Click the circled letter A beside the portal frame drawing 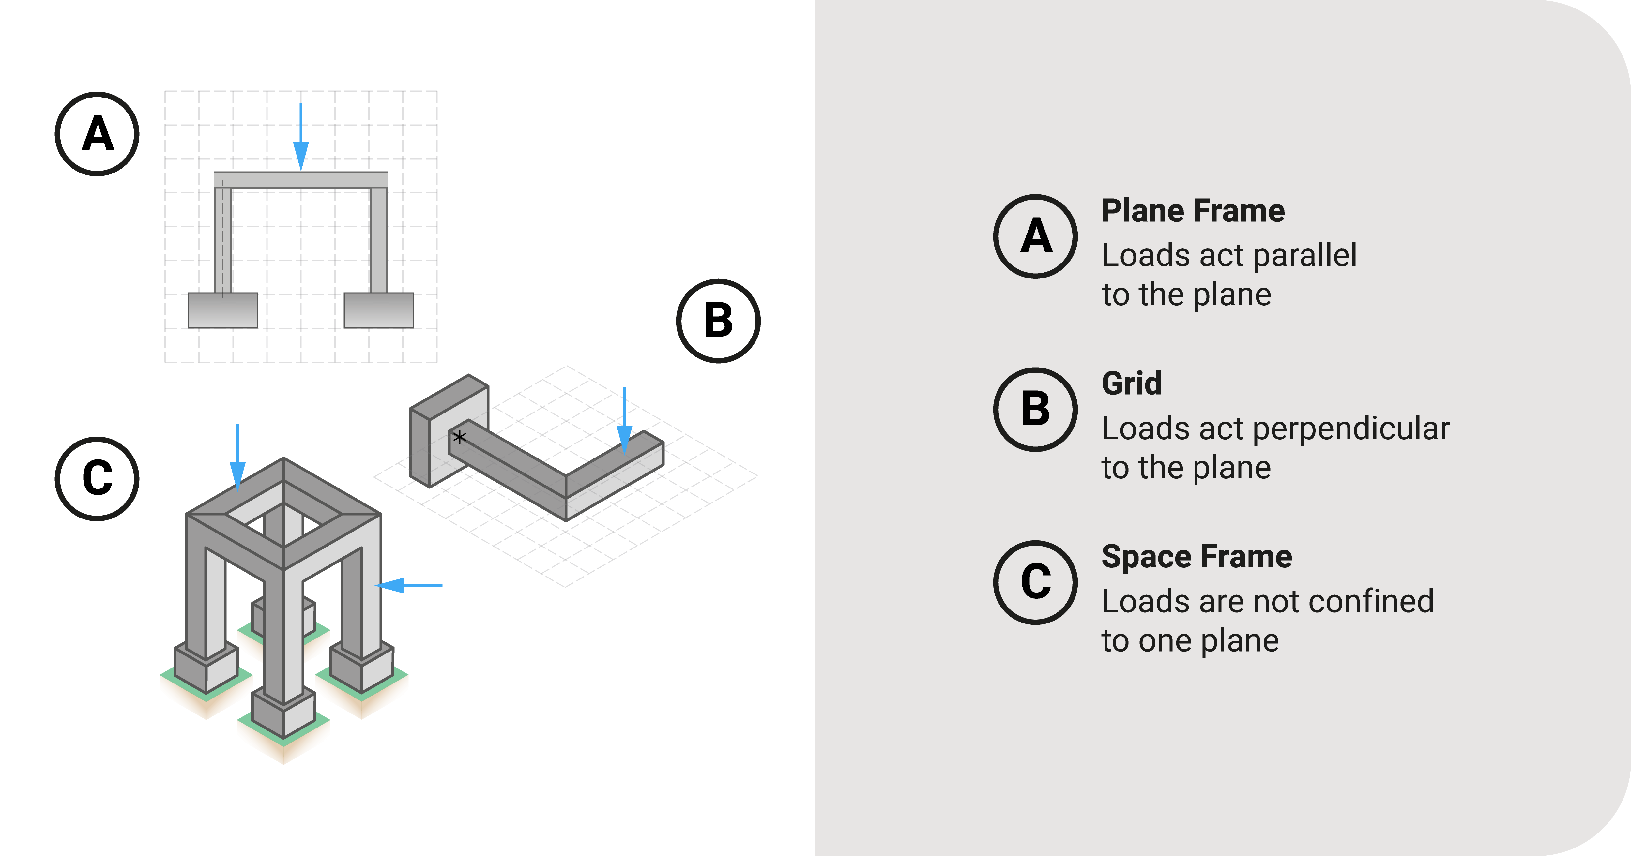pyautogui.click(x=97, y=134)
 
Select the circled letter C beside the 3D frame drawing pyautogui.click(x=97, y=479)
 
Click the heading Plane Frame pyautogui.click(x=1193, y=211)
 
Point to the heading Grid pyautogui.click(x=1132, y=384)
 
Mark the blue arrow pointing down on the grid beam pyautogui.click(x=624, y=421)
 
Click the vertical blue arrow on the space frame pyautogui.click(x=237, y=457)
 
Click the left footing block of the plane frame pyautogui.click(x=223, y=310)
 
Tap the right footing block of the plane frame pyautogui.click(x=379, y=310)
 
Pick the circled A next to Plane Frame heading pyautogui.click(x=1035, y=236)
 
